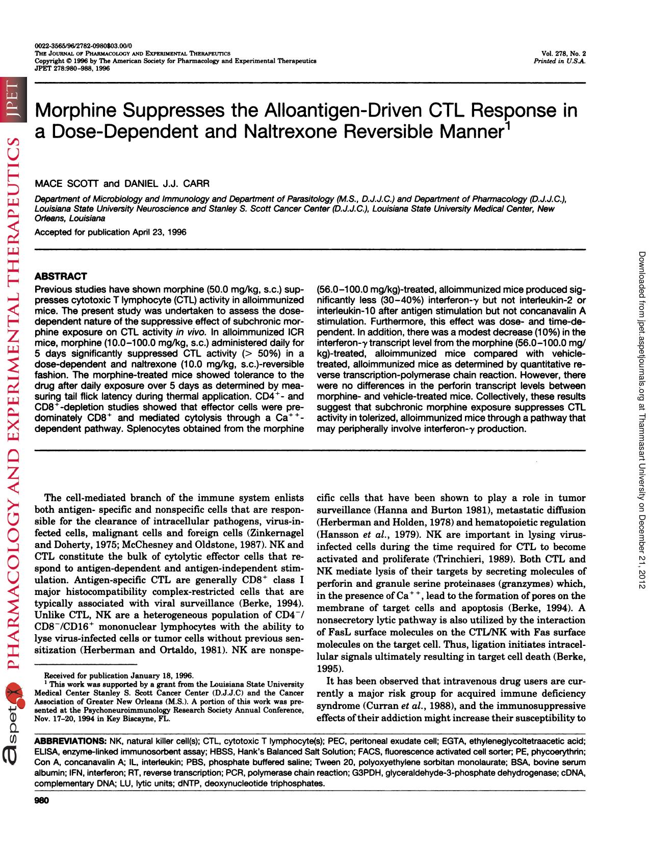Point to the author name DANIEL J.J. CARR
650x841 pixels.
point(166,183)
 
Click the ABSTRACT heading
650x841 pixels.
point(60,276)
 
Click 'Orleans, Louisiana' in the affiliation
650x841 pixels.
point(70,218)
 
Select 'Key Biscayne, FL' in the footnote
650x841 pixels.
point(140,719)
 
